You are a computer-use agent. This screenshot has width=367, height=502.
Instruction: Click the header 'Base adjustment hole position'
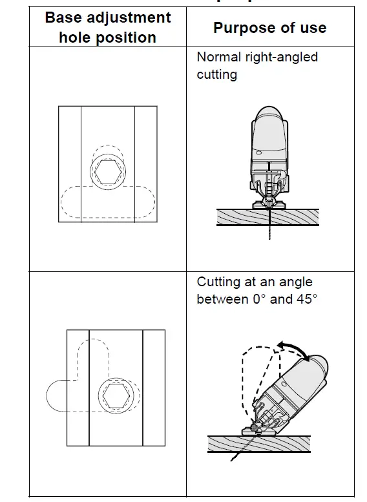(107, 27)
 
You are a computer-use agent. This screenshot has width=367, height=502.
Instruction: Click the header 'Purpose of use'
(269, 28)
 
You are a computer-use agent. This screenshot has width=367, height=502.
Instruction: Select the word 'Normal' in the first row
(218, 57)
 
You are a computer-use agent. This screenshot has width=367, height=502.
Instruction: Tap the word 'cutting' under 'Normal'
(216, 74)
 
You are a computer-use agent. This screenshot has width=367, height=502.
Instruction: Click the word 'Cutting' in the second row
(218, 282)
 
